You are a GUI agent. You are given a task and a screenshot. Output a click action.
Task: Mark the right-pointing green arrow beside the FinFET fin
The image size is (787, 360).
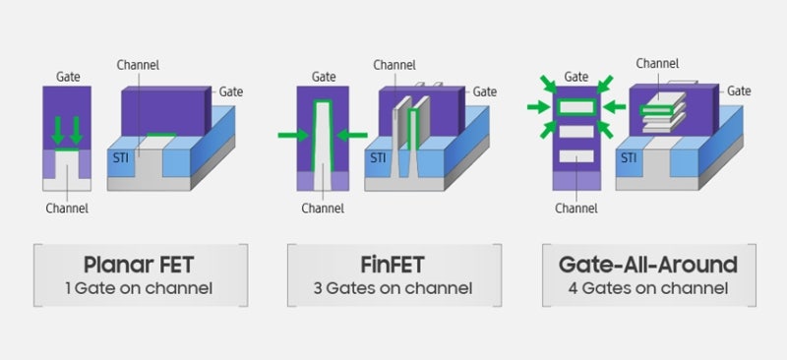[290, 136]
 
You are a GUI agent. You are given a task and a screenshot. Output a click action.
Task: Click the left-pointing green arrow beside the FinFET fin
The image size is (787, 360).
[353, 136]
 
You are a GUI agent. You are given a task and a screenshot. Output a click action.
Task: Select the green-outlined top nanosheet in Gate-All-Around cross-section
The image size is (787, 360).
[577, 106]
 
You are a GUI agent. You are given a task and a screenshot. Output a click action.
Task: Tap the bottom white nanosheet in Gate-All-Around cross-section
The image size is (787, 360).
[577, 155]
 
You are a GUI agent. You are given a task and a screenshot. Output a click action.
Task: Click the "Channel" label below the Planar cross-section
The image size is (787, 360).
[67, 208]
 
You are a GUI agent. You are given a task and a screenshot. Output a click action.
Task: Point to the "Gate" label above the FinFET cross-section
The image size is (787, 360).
[324, 76]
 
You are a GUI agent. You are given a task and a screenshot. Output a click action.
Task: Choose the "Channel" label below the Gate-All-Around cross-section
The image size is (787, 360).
[576, 208]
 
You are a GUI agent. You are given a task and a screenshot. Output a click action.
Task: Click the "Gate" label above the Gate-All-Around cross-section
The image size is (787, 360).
[576, 76]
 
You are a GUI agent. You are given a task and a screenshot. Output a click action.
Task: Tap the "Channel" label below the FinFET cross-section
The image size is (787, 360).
[323, 208]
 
